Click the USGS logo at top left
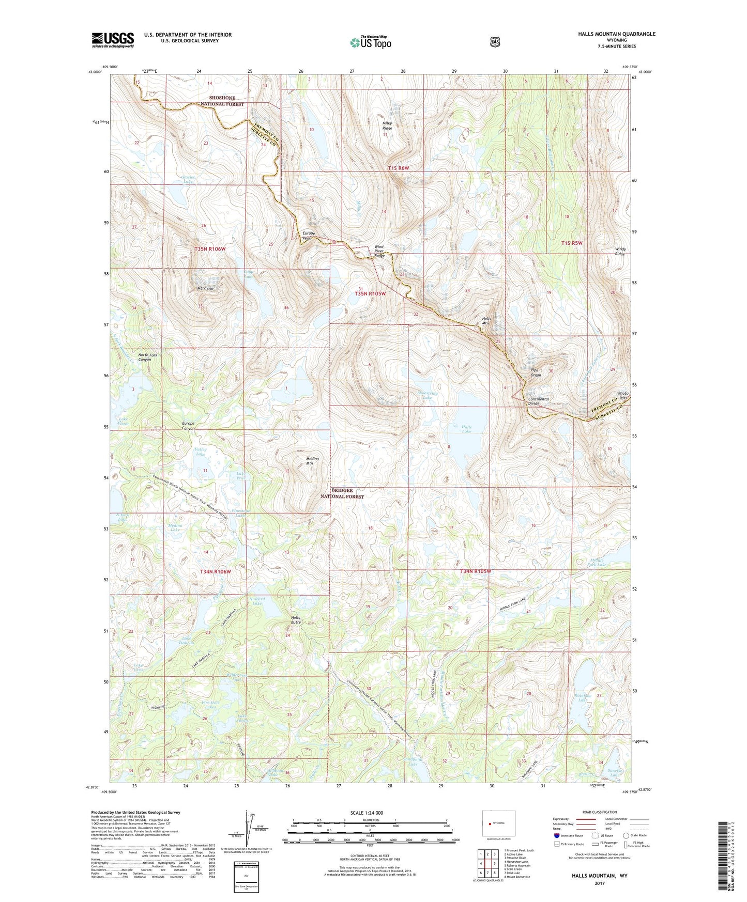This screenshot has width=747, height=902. (x=113, y=40)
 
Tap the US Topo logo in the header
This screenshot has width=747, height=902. (x=370, y=42)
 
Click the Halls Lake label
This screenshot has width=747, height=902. (x=466, y=429)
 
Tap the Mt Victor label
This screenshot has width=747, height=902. (x=205, y=288)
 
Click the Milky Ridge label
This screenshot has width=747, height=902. (x=387, y=126)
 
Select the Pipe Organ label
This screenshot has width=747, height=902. (x=536, y=372)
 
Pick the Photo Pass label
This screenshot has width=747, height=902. (x=623, y=396)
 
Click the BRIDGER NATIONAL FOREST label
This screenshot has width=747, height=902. (x=342, y=493)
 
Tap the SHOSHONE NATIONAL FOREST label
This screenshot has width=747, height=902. (x=222, y=101)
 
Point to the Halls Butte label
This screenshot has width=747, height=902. (x=295, y=620)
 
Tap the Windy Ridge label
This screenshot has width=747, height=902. (x=620, y=252)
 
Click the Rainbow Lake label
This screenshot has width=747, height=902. (x=583, y=698)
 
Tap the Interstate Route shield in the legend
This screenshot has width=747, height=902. (x=556, y=835)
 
